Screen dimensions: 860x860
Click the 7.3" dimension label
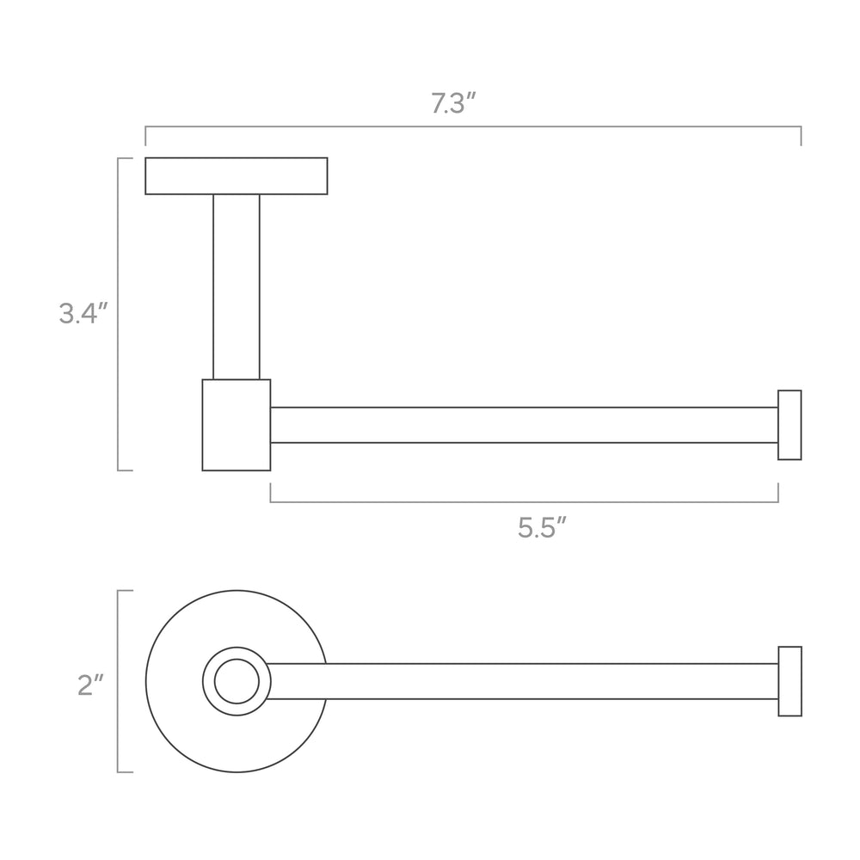(453, 103)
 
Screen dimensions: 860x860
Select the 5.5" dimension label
(541, 528)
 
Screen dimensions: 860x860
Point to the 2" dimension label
(90, 685)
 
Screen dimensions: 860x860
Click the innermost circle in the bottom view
(236, 660)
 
